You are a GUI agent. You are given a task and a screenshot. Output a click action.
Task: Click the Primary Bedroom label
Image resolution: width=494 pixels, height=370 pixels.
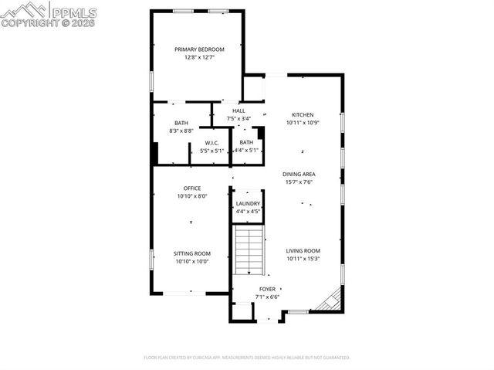coord(199,49)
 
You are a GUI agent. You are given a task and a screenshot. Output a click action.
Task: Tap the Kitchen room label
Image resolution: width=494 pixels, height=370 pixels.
coord(302,114)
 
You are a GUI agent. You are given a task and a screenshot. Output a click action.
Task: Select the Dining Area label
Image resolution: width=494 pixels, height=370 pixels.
coord(298,175)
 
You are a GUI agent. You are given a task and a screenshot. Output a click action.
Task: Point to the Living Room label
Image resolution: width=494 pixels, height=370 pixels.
coord(303,250)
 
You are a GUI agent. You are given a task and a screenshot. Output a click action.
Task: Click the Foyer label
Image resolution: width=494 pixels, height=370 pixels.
coord(267,289)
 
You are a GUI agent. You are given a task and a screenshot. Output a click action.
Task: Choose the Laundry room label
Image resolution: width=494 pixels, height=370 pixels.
coord(248,203)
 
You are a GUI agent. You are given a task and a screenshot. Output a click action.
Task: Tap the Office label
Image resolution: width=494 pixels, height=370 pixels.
coord(192,188)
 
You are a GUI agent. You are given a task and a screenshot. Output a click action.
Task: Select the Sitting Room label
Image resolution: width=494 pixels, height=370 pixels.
coord(192,253)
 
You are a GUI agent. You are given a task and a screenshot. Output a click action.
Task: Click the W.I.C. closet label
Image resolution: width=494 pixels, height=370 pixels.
coord(211,143)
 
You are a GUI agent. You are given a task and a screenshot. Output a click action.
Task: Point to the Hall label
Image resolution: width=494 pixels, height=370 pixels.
coord(239,110)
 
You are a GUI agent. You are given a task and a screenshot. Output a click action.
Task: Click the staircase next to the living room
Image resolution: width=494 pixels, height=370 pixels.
coord(249,250)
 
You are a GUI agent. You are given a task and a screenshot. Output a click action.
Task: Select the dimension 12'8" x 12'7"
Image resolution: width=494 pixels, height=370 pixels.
coord(199,57)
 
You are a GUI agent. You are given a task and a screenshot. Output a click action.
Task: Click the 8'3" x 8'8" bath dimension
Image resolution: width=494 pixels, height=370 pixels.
coord(182,131)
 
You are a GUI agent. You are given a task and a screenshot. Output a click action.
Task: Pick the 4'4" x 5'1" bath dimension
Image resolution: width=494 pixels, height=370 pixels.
coord(246,150)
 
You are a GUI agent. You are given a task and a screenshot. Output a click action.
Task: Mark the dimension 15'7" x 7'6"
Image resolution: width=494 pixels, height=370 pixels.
coord(298,182)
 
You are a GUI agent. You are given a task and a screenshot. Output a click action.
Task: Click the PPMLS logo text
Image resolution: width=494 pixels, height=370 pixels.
coord(73,12)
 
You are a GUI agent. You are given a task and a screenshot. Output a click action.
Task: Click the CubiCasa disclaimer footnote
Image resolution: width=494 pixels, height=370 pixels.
coord(247,358)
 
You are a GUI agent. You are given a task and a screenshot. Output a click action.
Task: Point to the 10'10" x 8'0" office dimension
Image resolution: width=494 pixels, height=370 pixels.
coord(192,196)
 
